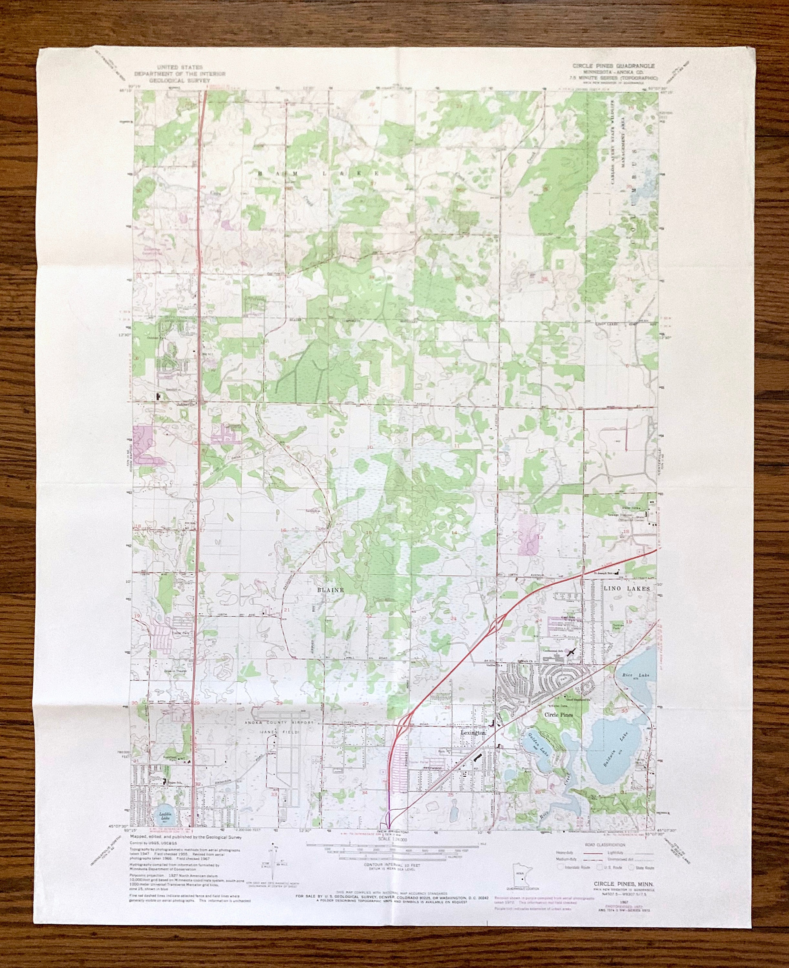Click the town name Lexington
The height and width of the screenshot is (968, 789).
[x=473, y=733]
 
